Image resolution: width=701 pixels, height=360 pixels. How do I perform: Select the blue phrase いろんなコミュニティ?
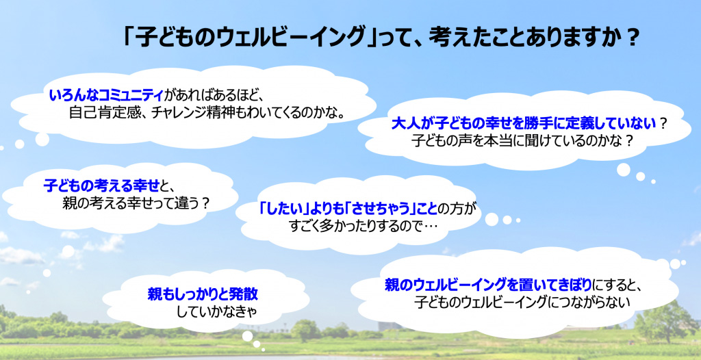click(x=106, y=95)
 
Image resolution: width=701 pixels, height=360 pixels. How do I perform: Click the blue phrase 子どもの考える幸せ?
click(x=102, y=185)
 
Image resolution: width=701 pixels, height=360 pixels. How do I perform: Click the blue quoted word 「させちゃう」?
click(x=384, y=208)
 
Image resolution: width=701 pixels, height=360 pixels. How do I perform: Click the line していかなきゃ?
click(x=218, y=311)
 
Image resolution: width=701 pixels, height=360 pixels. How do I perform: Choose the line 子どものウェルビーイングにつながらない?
click(x=522, y=303)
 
